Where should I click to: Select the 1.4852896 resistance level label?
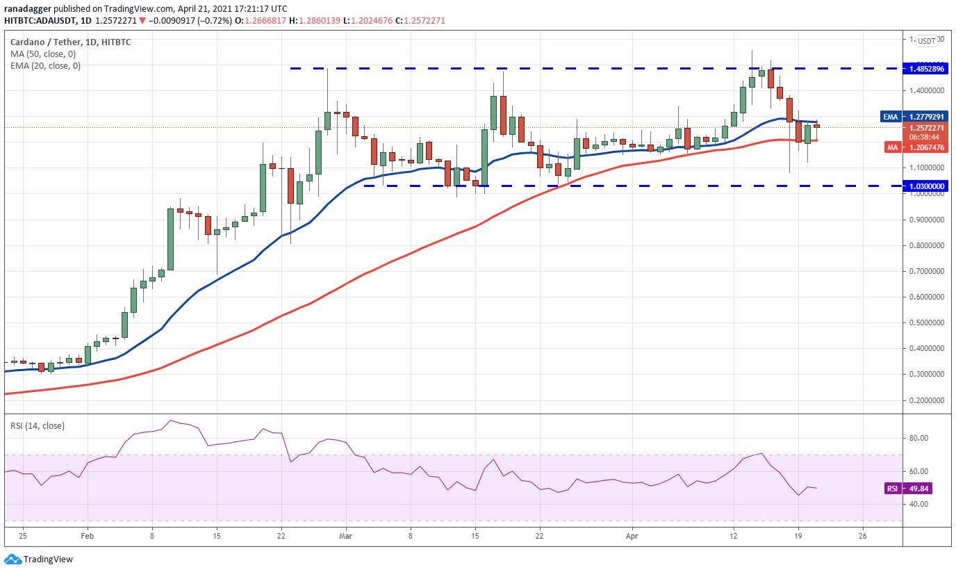click(x=924, y=69)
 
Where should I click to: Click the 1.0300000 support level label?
click(x=924, y=186)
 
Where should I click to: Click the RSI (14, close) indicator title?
click(x=38, y=425)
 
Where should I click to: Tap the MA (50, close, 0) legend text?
click(x=43, y=54)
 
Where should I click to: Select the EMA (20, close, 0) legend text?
click(x=45, y=66)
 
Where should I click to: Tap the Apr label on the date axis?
click(x=632, y=537)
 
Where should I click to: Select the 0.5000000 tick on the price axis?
click(x=924, y=322)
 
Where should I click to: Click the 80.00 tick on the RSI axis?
click(x=920, y=438)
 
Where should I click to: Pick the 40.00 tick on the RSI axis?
click(x=920, y=504)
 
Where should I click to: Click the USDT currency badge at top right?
click(x=927, y=41)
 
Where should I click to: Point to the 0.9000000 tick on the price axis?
click(x=924, y=220)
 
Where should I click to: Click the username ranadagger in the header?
click(x=28, y=8)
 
